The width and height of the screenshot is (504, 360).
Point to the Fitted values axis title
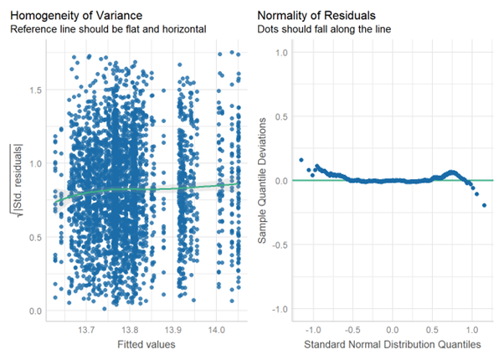pos(147,344)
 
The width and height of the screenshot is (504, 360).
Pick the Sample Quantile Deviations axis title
pos(262,181)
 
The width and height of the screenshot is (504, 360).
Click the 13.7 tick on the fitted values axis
pos(85,329)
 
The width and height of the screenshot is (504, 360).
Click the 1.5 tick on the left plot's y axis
pos(33,88)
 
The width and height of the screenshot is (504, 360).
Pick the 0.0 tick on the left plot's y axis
pos(33,311)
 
